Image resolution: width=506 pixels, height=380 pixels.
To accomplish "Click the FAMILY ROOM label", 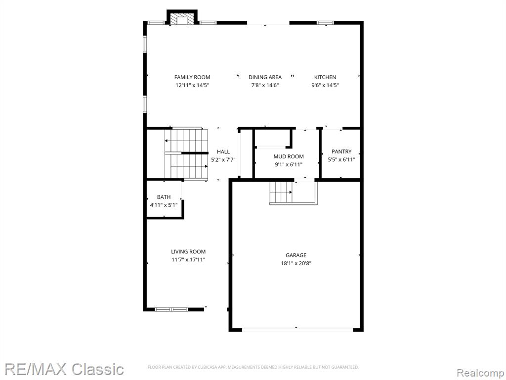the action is [192, 77].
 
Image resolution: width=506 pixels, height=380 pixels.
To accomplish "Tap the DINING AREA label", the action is [265, 77].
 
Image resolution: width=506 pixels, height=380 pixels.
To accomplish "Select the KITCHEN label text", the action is [325, 77].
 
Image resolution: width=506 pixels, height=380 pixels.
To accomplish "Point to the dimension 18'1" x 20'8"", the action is [296, 263].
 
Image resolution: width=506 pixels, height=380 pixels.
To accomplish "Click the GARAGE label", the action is [296, 255].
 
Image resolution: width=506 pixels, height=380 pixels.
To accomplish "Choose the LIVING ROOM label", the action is [188, 252].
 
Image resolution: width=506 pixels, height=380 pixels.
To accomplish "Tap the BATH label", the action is [164, 197].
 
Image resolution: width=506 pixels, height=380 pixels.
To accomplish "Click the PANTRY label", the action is [341, 151].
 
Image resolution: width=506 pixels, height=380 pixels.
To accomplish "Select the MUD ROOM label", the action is [289, 157].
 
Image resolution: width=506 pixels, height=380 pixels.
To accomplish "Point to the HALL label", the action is [223, 151].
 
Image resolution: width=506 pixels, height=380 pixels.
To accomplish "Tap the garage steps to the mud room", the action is [281, 192].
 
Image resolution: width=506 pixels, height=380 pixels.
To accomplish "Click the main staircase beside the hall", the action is [186, 154].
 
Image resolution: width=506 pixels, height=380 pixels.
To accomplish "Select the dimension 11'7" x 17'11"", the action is [188, 260].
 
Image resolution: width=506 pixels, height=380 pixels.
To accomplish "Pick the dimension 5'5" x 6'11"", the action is [341, 160].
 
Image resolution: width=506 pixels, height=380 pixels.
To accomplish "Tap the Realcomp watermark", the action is [480, 373].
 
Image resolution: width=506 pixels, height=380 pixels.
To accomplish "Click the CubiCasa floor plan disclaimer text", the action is [253, 367].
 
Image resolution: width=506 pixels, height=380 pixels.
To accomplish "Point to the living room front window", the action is [171, 309].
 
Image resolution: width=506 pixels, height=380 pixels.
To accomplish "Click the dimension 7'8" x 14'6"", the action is [265, 85].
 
